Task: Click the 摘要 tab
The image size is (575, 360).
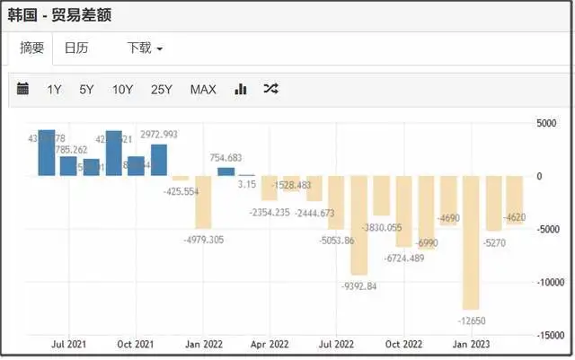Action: tap(33, 48)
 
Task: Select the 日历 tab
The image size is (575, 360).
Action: tap(76, 48)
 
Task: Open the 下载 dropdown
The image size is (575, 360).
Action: tap(144, 48)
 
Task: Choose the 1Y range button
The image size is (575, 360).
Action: tap(54, 89)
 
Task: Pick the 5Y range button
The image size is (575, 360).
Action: tap(86, 89)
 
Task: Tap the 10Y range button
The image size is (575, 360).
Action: tap(123, 89)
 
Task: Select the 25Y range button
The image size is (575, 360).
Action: tap(162, 89)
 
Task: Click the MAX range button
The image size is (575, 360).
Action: tap(203, 89)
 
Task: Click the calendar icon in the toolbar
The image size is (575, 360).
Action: tap(23, 89)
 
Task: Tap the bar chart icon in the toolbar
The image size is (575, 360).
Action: tap(241, 89)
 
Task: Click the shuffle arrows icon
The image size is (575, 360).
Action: tap(270, 89)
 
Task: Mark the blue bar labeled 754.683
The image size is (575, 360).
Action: tap(226, 171)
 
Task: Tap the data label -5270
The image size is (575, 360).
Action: tap(494, 242)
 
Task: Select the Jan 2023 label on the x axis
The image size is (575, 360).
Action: tap(471, 344)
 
